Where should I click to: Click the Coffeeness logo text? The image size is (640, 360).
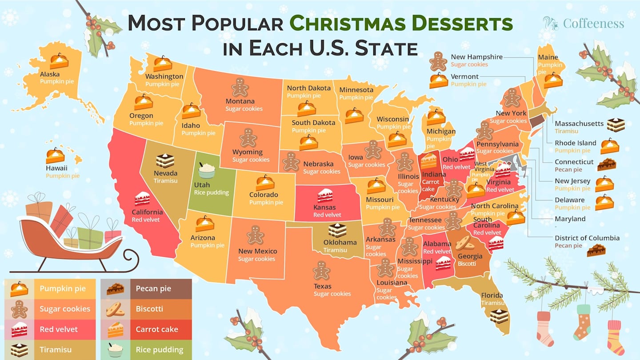pos(593,23)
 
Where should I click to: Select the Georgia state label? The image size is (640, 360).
pos(470,256)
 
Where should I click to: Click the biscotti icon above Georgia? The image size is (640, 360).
pos(465,242)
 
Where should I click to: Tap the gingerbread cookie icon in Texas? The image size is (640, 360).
pos(321,270)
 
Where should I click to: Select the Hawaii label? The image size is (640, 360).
pos(56,168)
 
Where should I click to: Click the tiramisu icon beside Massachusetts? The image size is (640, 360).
pos(616,125)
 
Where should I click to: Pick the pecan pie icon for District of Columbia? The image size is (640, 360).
pos(596,251)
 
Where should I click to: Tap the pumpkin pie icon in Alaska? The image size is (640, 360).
pos(59,61)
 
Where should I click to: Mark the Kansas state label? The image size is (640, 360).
pos(324,207)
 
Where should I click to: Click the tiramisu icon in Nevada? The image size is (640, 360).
pos(165,161)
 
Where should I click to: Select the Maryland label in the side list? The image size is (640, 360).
pos(570,219)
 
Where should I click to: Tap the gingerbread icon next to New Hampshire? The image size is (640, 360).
pos(438,61)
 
